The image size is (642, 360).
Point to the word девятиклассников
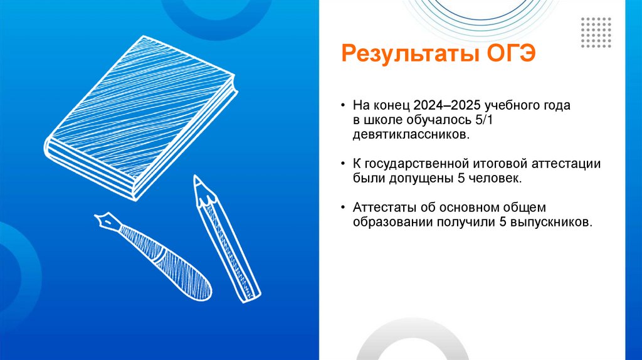click(409, 135)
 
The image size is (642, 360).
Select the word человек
click(497, 179)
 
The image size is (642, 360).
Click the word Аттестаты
click(381, 208)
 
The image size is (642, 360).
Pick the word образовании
click(389, 222)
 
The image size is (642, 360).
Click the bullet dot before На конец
click(343, 106)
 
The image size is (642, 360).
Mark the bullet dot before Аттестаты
click(343, 208)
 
